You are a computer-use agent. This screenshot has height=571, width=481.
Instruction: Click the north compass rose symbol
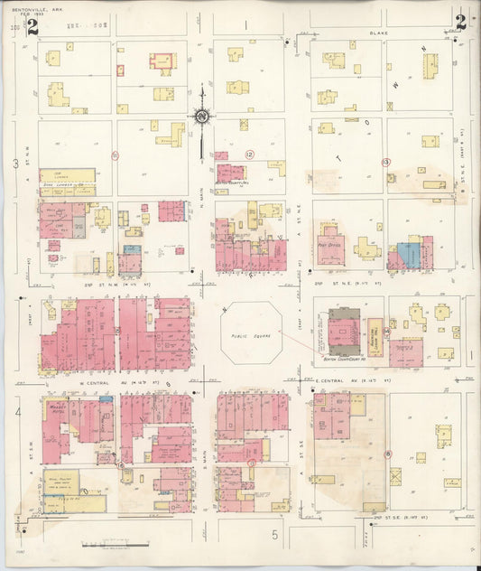pyautogui.click(x=201, y=116)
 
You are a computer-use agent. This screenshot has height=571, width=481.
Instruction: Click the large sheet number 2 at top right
pyautogui.click(x=460, y=23)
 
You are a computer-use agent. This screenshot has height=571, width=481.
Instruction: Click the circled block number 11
pyautogui.click(x=115, y=155)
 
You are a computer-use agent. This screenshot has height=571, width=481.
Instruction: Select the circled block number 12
pyautogui.click(x=250, y=154)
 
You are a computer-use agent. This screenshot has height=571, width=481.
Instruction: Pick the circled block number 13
pyautogui.click(x=385, y=162)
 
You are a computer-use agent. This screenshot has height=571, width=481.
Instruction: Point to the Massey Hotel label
pyautogui.click(x=58, y=408)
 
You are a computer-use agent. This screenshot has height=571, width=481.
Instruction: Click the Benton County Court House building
pyautogui.click(x=341, y=333)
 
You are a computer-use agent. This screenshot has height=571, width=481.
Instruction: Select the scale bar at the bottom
pyautogui.click(x=116, y=544)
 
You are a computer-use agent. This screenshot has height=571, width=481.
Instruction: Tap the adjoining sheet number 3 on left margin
pyautogui.click(x=14, y=164)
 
